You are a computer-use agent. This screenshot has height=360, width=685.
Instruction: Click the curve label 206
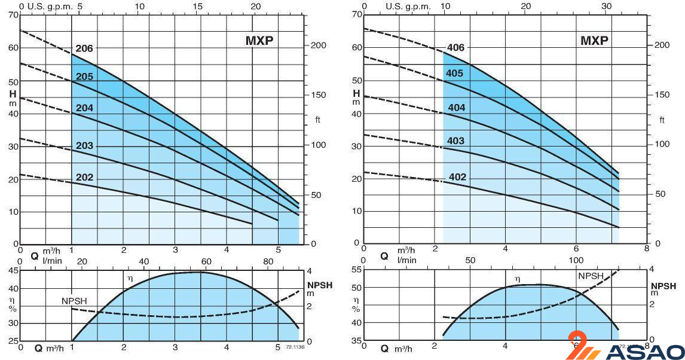coord(84,48)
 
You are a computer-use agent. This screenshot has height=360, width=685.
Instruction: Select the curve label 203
coord(84,146)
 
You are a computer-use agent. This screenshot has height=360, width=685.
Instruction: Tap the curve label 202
coord(84,177)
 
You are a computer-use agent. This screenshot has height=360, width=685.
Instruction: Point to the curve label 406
coord(455,48)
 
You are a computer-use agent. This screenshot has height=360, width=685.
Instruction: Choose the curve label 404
coord(456,108)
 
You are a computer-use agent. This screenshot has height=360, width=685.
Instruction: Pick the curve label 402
coord(457,177)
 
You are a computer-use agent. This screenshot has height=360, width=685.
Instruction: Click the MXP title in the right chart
coord(594,41)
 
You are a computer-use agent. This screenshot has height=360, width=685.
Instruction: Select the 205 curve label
coord(84,77)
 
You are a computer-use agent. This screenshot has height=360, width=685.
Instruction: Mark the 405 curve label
coord(455,74)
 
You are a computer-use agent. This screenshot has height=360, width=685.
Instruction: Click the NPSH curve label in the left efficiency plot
coord(74,300)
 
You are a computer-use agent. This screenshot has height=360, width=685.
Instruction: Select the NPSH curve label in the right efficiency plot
coord(591,276)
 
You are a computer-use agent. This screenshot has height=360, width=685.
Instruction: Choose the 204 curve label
coord(84,108)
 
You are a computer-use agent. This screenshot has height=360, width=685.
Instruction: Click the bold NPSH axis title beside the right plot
coord(663,286)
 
